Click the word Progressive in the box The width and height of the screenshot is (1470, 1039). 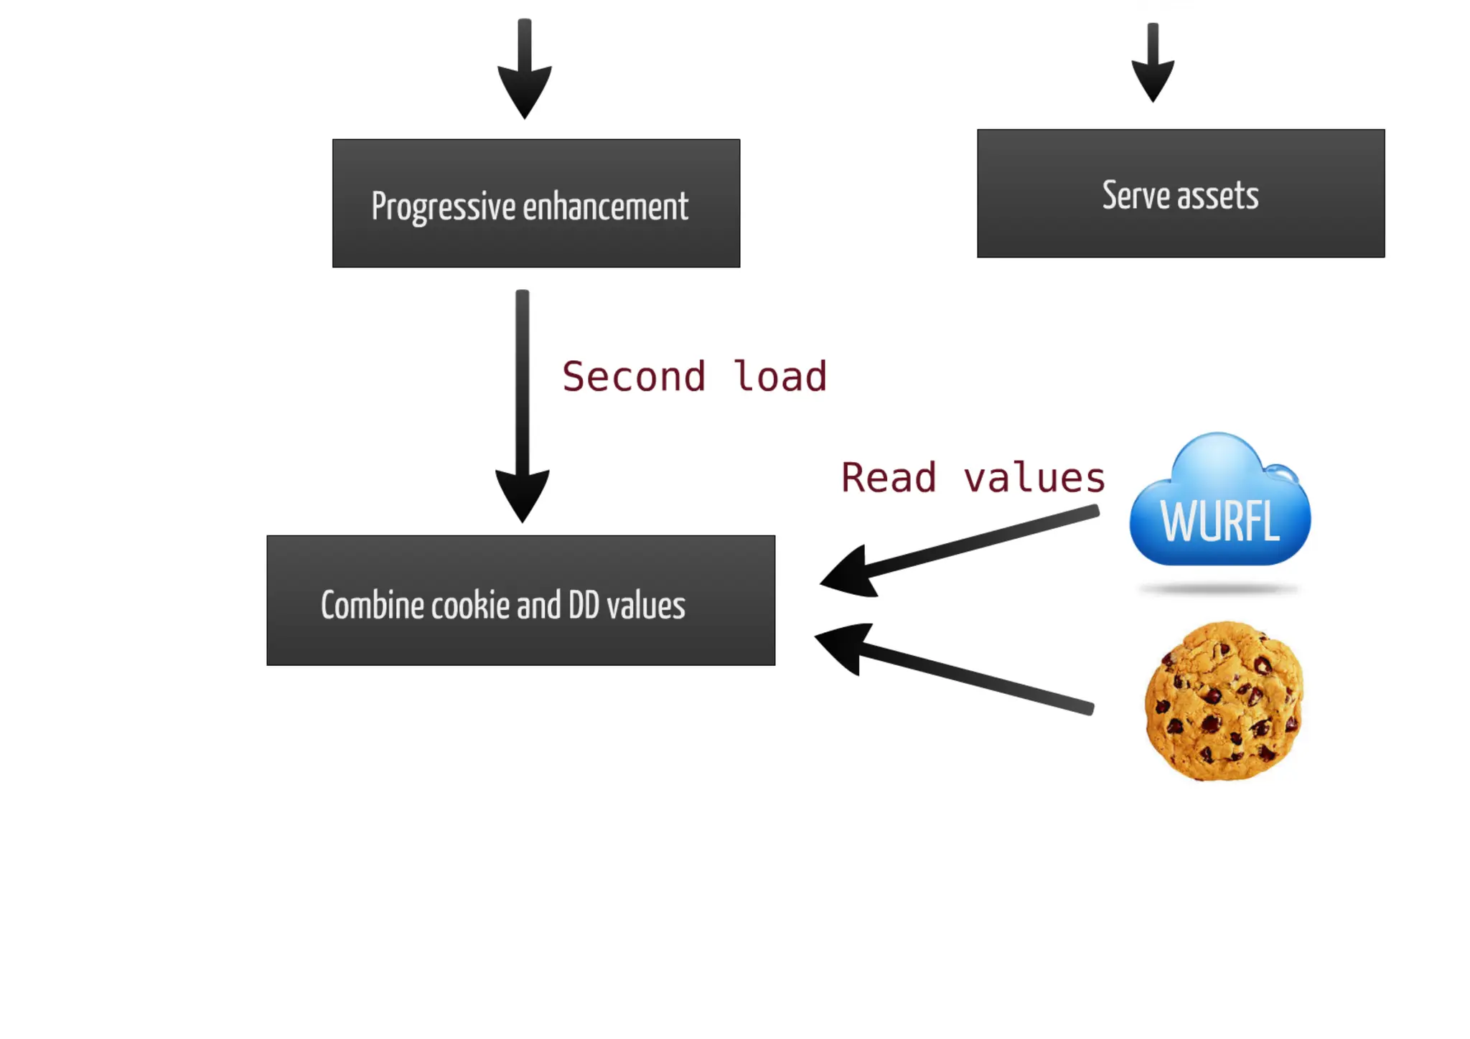(443, 207)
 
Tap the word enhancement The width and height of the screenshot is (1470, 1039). (605, 207)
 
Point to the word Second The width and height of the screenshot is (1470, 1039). (634, 377)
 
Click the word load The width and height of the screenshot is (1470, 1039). (780, 377)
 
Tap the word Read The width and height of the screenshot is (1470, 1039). (889, 478)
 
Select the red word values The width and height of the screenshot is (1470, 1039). (1034, 478)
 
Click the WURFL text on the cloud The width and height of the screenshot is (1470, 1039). (1219, 521)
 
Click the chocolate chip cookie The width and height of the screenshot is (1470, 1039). (1225, 701)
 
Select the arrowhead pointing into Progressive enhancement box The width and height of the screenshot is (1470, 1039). (525, 90)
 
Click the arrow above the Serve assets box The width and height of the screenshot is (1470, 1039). (1153, 65)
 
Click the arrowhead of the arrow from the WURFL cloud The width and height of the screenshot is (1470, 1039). (851, 573)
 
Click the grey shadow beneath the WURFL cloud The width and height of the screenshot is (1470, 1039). (1219, 590)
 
